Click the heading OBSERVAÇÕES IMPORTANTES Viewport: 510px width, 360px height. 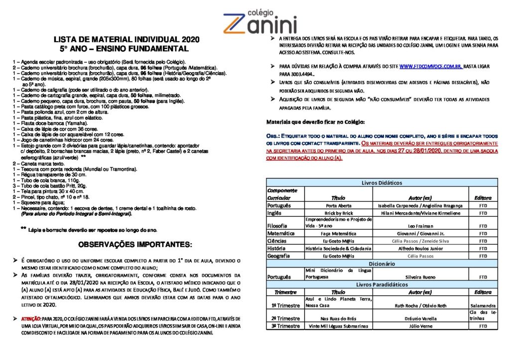click(x=134, y=245)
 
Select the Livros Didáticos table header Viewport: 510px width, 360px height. click(x=382, y=182)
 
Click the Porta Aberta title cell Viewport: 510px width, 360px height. click(x=338, y=205)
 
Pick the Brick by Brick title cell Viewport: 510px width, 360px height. click(x=338, y=213)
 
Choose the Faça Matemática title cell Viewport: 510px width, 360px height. click(x=338, y=233)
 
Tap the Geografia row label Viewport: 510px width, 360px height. click(x=280, y=256)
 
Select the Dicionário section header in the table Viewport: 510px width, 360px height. click(x=382, y=263)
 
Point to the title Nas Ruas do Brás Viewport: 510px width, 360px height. click(x=338, y=318)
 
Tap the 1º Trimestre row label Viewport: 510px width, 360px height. click(x=285, y=305)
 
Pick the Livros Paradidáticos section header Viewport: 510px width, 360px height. click(x=382, y=284)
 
